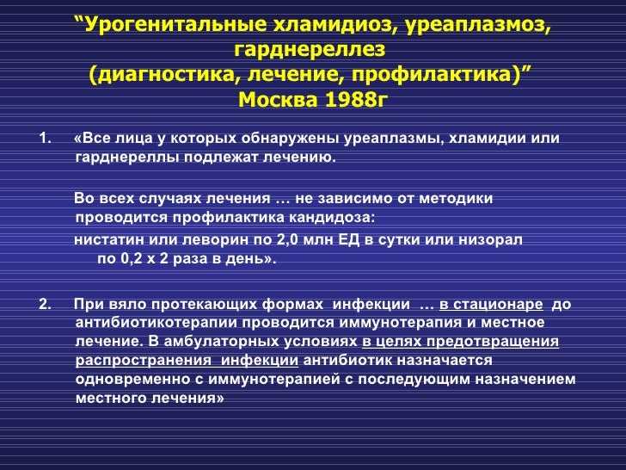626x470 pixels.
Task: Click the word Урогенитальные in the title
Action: pos(176,25)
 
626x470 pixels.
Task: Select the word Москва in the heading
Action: pos(279,99)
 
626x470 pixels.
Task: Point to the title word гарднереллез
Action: pos(310,50)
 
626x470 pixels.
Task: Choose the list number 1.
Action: pos(45,139)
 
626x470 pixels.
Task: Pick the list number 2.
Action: pos(45,305)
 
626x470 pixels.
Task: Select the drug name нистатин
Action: pos(109,240)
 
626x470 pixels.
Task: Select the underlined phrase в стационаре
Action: pos(491,305)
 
